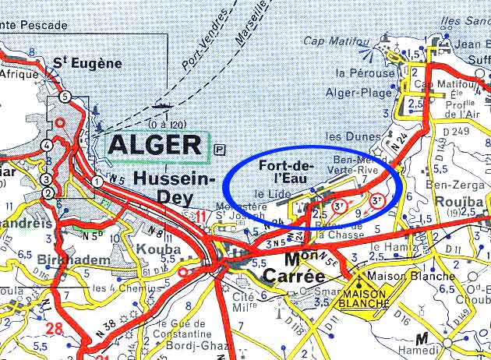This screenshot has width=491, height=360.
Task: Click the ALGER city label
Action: point(156,145)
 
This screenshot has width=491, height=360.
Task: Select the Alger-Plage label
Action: point(355,90)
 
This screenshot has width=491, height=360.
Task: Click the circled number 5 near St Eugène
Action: point(65,97)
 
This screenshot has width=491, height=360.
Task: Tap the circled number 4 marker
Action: point(48,145)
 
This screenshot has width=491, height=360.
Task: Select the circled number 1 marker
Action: point(97,182)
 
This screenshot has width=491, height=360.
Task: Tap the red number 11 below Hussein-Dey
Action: point(202,217)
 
